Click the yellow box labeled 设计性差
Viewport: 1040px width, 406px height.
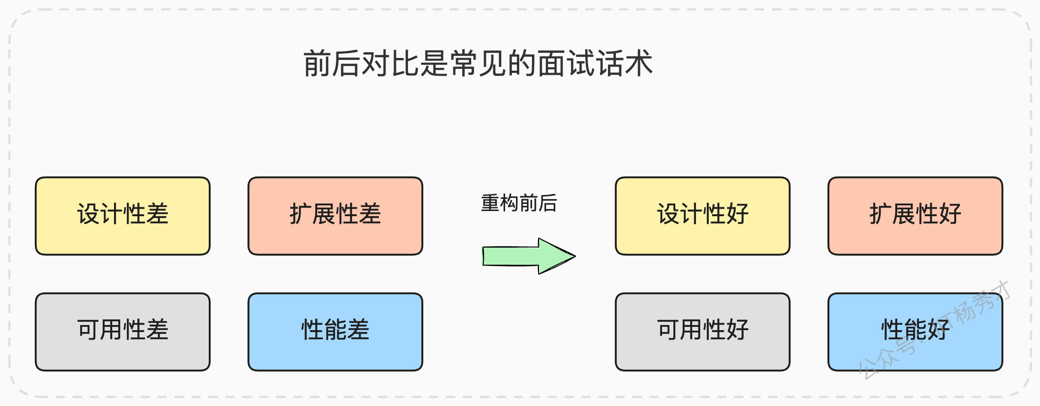(123, 216)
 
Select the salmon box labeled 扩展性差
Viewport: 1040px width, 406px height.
(335, 216)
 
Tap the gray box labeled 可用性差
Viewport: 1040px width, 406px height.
(123, 332)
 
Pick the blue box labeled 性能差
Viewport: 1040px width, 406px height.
(335, 332)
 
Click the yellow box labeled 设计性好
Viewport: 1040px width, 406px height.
(703, 216)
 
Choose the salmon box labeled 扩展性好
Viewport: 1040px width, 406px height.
(915, 216)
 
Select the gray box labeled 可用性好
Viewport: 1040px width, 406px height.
(703, 332)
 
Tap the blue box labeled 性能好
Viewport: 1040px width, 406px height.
(915, 332)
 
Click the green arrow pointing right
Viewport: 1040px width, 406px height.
(529, 256)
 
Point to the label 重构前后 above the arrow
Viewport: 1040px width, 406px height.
(519, 203)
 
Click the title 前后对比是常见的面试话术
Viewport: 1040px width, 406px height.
(478, 63)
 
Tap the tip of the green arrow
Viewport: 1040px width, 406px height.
(575, 256)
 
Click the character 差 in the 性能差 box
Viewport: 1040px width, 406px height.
(358, 329)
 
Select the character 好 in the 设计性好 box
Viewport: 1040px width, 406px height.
(737, 214)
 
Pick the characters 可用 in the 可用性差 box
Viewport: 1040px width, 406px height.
(99, 329)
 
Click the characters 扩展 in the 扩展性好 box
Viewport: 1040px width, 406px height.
(892, 214)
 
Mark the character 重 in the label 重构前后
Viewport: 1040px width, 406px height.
(490, 203)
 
